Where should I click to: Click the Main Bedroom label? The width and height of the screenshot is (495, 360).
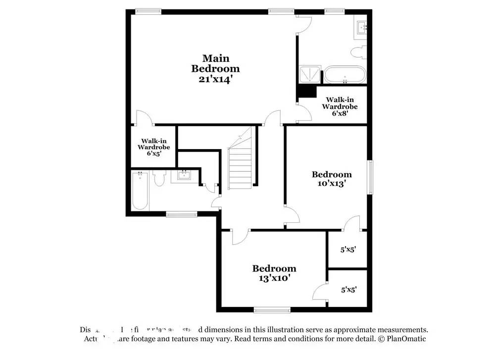click(215, 63)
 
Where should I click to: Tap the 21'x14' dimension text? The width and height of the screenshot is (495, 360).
click(215, 79)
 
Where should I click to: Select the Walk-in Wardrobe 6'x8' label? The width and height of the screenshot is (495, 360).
click(340, 106)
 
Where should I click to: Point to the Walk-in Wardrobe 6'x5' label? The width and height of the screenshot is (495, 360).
click(153, 147)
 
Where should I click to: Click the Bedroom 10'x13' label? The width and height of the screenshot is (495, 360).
click(331, 178)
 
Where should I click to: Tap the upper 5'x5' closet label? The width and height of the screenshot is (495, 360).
click(348, 250)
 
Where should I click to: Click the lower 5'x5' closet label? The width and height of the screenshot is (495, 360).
click(348, 289)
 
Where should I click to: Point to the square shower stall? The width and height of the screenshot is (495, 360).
click(309, 75)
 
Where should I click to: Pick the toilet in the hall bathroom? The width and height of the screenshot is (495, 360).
click(159, 178)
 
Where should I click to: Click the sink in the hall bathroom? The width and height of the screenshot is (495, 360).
click(184, 176)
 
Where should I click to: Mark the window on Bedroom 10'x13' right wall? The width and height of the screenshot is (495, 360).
click(370, 177)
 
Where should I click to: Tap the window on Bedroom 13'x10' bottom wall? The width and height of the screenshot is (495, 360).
click(272, 310)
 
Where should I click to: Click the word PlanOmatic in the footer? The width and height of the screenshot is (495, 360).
click(406, 339)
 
